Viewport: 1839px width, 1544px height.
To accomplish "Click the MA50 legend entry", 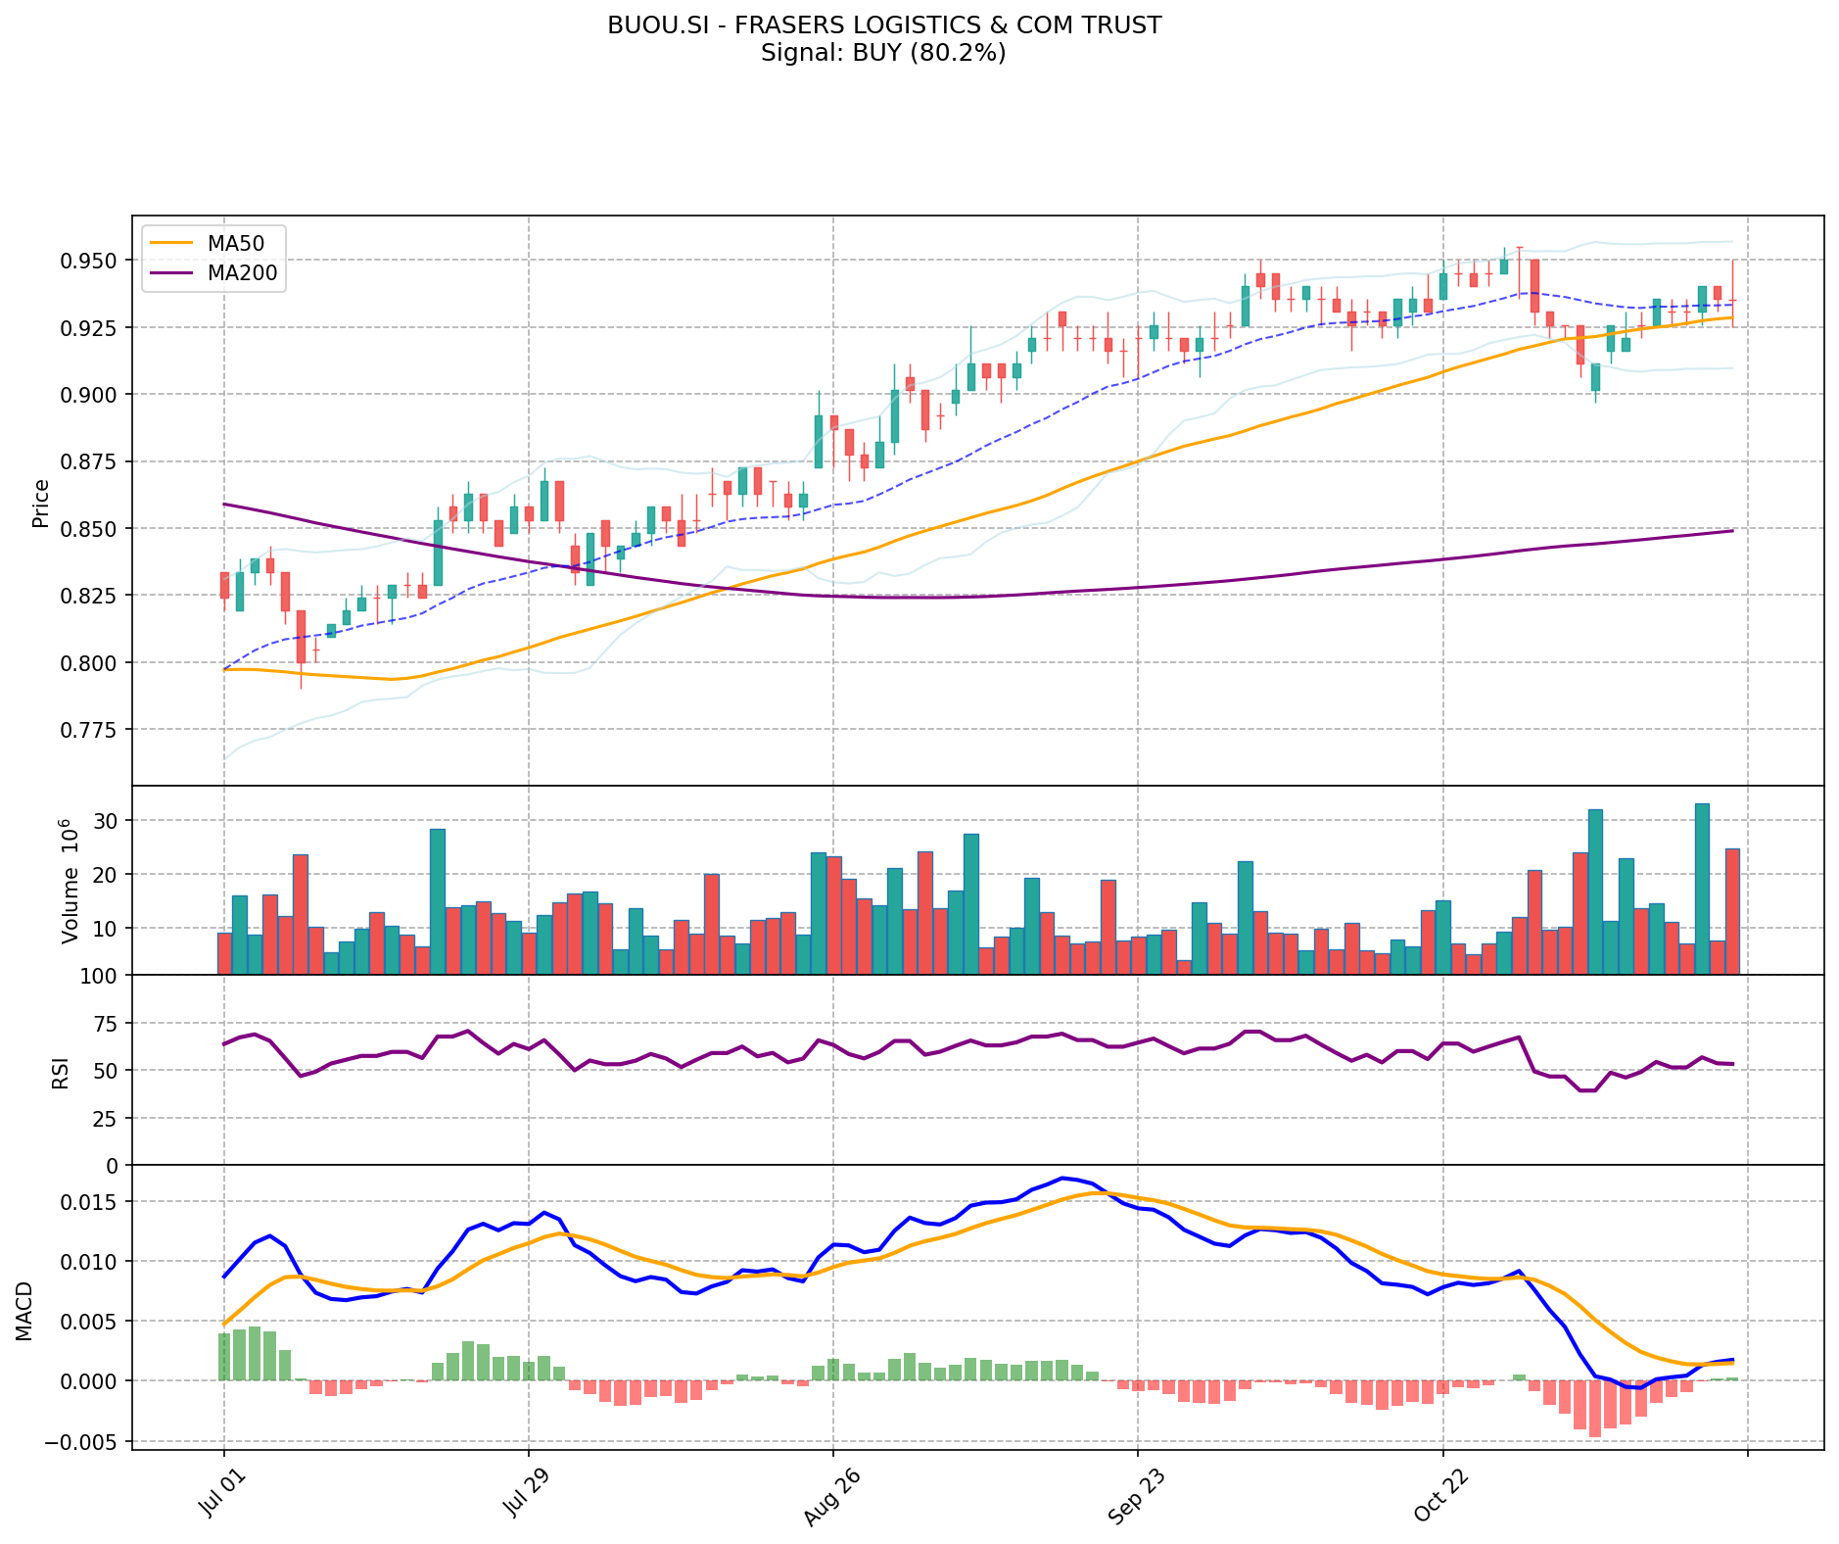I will (234, 243).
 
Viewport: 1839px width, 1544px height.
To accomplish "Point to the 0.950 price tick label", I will (90, 261).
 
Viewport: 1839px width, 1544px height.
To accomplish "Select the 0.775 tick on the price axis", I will (90, 730).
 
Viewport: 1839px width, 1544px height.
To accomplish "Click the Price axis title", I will (41, 503).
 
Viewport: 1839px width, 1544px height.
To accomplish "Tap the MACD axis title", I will (24, 1311).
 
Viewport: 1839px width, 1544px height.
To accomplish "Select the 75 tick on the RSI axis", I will (104, 1024).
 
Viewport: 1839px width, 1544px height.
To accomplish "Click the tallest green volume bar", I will (1702, 889).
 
